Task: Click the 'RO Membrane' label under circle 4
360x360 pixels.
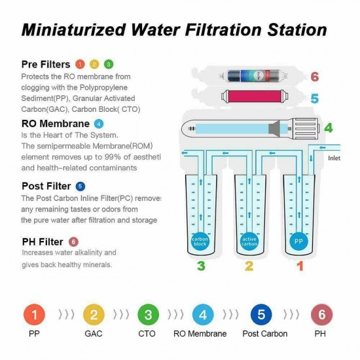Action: coord(200,334)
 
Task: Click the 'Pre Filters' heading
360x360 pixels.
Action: coord(46,63)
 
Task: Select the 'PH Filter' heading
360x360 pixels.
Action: coord(43,242)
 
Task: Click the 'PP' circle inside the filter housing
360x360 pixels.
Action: coord(297,240)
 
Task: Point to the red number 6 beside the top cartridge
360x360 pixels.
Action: coord(314,77)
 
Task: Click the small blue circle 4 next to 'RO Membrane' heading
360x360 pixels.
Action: coord(99,123)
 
